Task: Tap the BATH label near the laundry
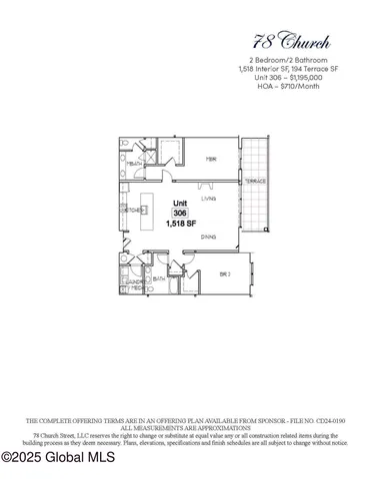[159, 279]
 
